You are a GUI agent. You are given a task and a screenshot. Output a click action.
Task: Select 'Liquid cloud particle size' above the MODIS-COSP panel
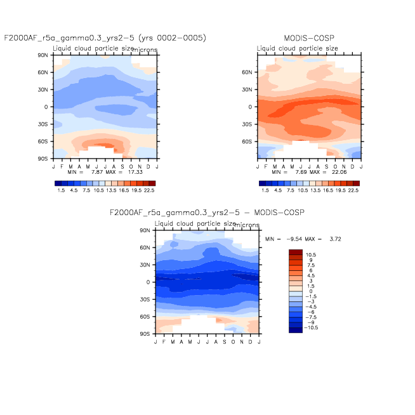coord(293,48)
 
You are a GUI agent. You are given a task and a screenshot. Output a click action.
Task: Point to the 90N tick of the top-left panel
coord(44,55)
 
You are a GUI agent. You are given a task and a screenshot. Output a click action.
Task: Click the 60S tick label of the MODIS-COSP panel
coord(249,142)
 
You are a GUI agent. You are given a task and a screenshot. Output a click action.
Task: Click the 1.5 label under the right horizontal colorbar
coord(266,190)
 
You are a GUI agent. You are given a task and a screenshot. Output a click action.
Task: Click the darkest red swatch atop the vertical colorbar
coord(296,253)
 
